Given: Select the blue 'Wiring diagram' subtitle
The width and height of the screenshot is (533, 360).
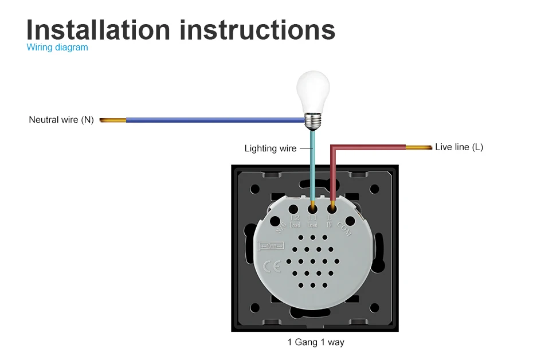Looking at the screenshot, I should click(57, 48).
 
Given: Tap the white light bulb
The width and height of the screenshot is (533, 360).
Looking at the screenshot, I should click(313, 92).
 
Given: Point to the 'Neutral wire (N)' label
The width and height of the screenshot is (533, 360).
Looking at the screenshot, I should click(61, 120).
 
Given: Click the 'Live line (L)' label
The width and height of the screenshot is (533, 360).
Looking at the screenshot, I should click(458, 147).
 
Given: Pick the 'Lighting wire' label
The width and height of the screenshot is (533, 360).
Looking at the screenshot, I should click(271, 148).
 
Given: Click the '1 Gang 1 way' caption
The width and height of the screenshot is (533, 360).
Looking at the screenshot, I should click(316, 342).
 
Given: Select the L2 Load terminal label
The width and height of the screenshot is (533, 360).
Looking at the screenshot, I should click(295, 221).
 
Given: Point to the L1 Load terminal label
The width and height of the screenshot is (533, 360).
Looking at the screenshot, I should click(312, 221).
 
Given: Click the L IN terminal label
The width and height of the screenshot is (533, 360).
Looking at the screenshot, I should click(330, 221).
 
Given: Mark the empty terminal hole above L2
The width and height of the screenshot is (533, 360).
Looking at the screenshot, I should click(293, 209).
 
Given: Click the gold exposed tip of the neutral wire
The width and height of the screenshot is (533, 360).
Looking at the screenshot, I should click(112, 120).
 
